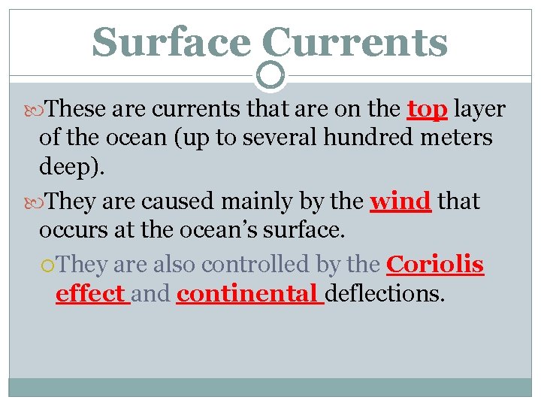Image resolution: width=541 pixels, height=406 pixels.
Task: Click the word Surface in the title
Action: [x=171, y=42]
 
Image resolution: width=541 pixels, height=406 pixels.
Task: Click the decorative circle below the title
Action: [x=270, y=74]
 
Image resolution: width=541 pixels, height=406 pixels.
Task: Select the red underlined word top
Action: [x=427, y=110]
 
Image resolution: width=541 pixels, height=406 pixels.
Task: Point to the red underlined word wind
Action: [x=400, y=201]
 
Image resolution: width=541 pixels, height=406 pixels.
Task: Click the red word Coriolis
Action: [x=434, y=265]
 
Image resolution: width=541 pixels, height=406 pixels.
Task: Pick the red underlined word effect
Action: [x=90, y=293]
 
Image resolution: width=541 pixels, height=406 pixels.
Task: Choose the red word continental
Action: [x=246, y=293]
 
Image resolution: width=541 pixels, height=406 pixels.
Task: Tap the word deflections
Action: [x=385, y=293]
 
